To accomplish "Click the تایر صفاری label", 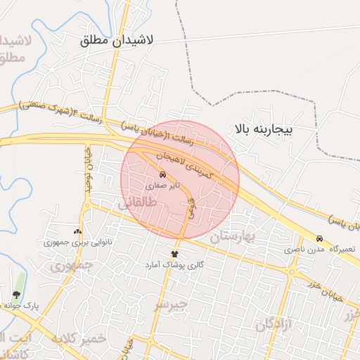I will pyautogui.click(x=163, y=187).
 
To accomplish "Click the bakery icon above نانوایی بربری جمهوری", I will pyautogui.click(x=77, y=231).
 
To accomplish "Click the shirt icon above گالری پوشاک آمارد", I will pyautogui.click(x=174, y=254).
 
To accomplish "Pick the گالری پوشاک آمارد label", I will pyautogui.click(x=174, y=264).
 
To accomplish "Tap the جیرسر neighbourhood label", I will pyautogui.click(x=172, y=304).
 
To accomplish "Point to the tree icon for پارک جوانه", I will pyautogui.click(x=16, y=295).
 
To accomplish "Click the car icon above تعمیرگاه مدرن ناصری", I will pyautogui.click(x=320, y=239).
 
